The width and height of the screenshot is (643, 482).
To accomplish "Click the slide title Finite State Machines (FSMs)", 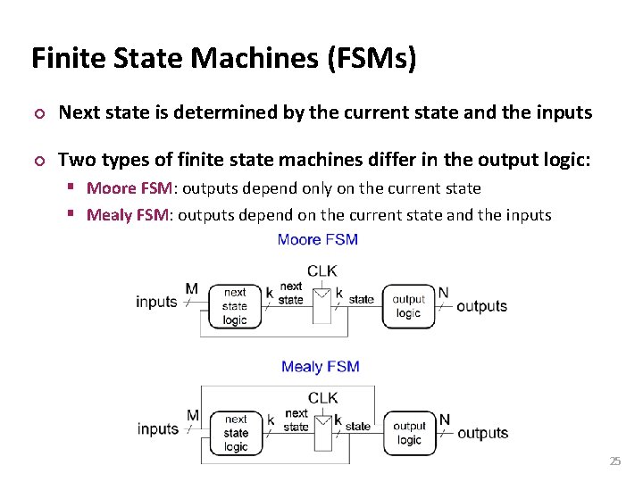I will [223, 59].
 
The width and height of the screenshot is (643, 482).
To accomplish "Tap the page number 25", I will [614, 461].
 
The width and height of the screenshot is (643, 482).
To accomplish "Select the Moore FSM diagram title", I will [318, 239].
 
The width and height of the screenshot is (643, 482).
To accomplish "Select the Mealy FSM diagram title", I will [320, 367].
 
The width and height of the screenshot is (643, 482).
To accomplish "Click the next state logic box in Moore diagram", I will [235, 306].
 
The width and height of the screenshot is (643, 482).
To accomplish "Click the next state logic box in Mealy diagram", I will [236, 433].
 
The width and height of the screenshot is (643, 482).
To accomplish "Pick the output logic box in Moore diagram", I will [408, 306].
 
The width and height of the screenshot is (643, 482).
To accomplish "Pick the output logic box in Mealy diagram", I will [409, 433].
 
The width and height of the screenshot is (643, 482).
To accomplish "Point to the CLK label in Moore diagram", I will [321, 271].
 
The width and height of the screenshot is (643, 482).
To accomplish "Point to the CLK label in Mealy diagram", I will [322, 398].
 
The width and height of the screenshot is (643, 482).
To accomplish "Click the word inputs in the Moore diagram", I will [156, 302].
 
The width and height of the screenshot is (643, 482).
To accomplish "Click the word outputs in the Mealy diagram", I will [482, 434].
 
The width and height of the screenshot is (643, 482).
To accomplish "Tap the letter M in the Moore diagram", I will [192, 289].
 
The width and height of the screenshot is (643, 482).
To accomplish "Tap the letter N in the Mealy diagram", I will [444, 420].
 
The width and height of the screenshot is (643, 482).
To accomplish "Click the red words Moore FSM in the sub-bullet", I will [123, 188].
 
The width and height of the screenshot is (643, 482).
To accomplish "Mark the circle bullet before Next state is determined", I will [38, 113].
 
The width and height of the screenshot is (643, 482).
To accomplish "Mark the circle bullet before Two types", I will [38, 162].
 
